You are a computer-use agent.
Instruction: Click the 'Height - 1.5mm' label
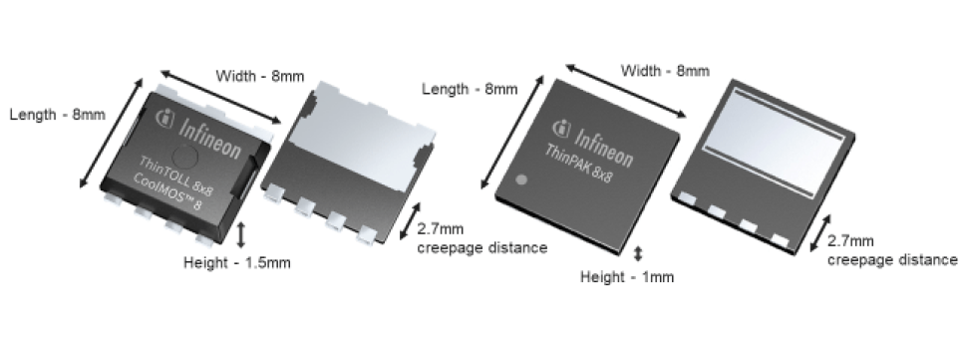click(x=237, y=263)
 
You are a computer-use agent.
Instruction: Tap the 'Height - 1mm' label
click(x=627, y=277)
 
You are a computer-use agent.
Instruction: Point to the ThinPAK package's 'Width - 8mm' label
click(x=665, y=71)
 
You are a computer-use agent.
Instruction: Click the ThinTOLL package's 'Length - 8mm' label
click(x=57, y=115)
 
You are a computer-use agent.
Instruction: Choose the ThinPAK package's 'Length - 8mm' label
click(x=470, y=89)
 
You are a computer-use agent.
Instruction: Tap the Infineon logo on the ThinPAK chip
click(x=592, y=143)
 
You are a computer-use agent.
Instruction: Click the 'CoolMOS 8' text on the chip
click(x=166, y=191)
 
